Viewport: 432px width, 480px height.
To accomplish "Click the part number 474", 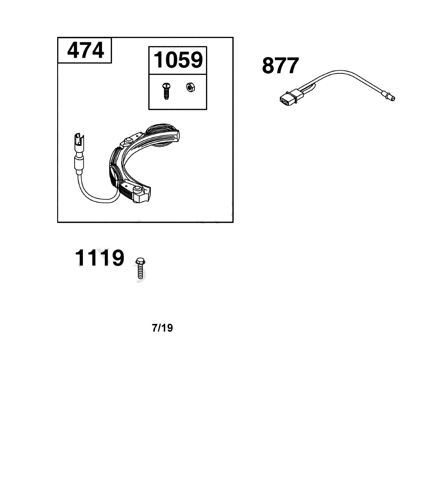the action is point(85,50).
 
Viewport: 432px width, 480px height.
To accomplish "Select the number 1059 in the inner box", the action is point(178,60).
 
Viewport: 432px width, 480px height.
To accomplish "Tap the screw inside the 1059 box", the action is point(166,91).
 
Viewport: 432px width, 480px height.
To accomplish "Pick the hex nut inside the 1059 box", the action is point(190,87).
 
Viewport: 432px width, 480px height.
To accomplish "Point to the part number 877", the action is point(280,66).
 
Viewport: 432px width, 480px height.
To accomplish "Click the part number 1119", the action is point(100,258).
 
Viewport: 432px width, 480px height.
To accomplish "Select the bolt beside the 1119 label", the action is point(140,268).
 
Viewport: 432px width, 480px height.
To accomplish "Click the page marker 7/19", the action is point(162,328).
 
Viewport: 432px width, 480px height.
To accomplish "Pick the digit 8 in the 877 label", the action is point(269,66).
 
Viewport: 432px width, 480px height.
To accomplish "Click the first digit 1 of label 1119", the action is point(80,258).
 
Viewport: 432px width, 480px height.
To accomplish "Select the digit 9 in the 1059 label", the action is point(195,60).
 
